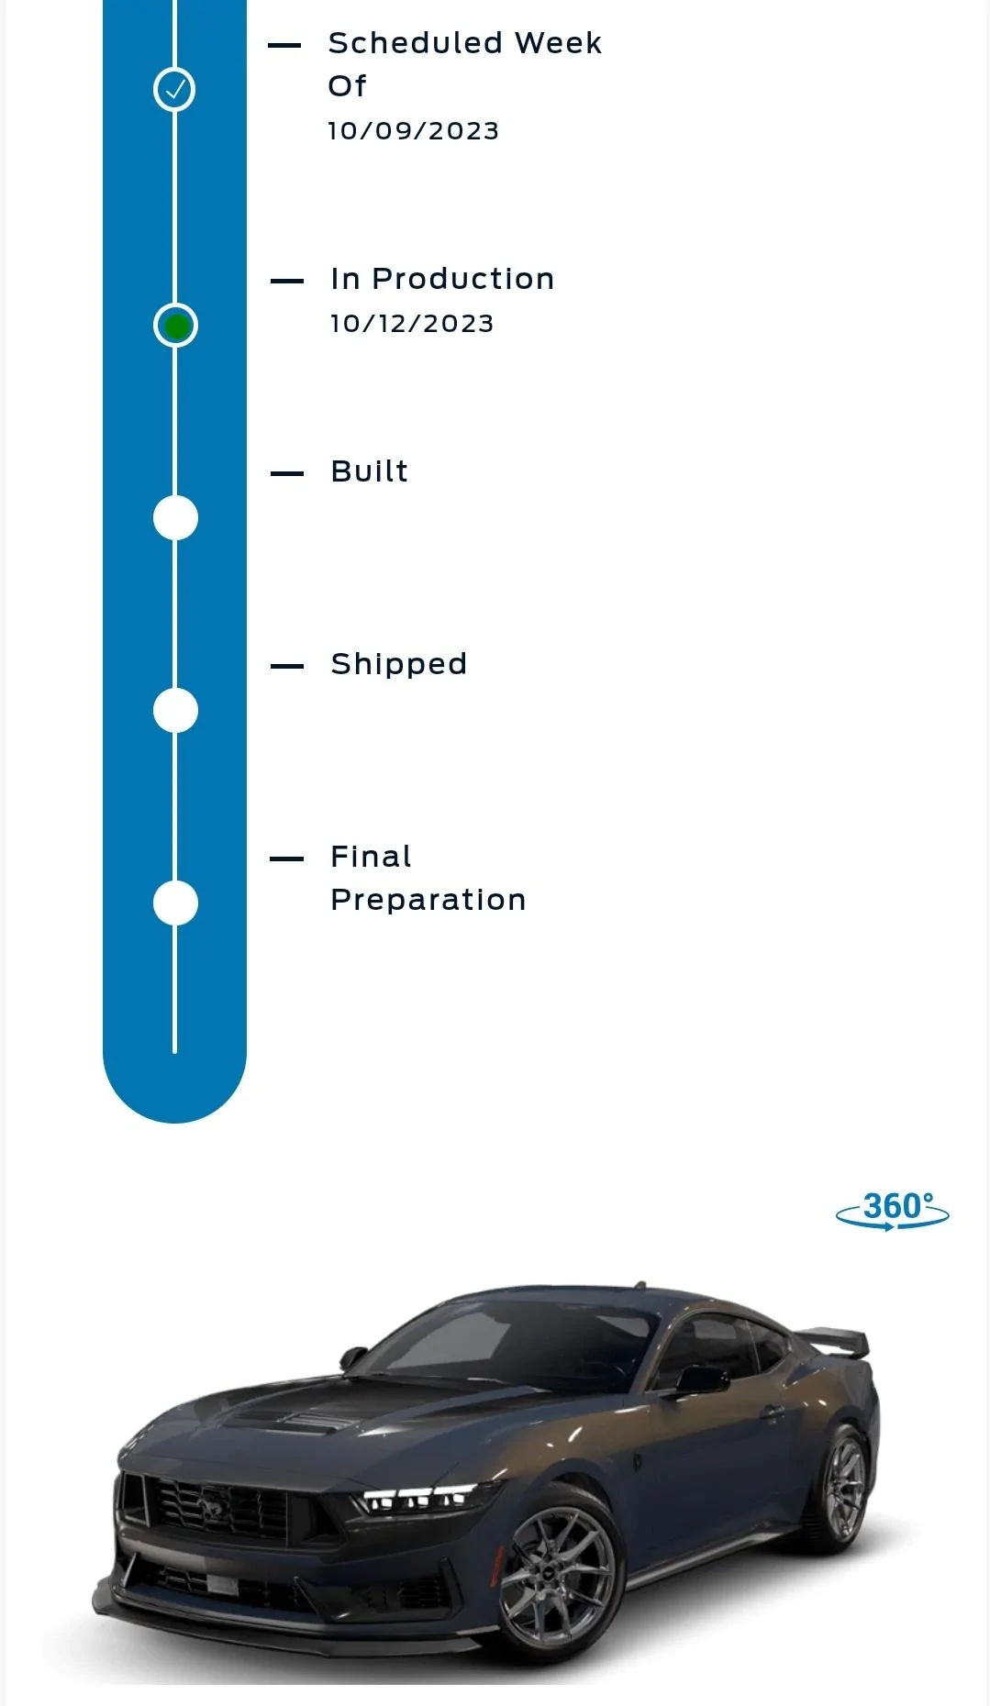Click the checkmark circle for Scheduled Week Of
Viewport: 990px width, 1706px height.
[x=174, y=89]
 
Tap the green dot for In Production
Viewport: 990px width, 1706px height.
[x=175, y=326]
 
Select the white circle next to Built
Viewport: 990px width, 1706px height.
[x=175, y=518]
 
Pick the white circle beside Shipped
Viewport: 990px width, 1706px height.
[x=175, y=711]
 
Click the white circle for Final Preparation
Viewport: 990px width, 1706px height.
[x=175, y=903]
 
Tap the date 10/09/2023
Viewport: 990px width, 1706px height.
[x=414, y=131]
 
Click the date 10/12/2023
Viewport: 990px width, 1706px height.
[x=412, y=324]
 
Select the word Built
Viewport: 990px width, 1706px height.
[x=370, y=471]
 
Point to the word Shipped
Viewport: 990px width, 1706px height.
[x=399, y=664]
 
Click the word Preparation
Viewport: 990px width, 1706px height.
[x=428, y=901]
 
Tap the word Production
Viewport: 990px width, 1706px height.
[x=463, y=279]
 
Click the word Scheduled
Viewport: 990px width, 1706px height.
[x=416, y=43]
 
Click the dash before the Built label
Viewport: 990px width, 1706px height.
[x=287, y=473]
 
